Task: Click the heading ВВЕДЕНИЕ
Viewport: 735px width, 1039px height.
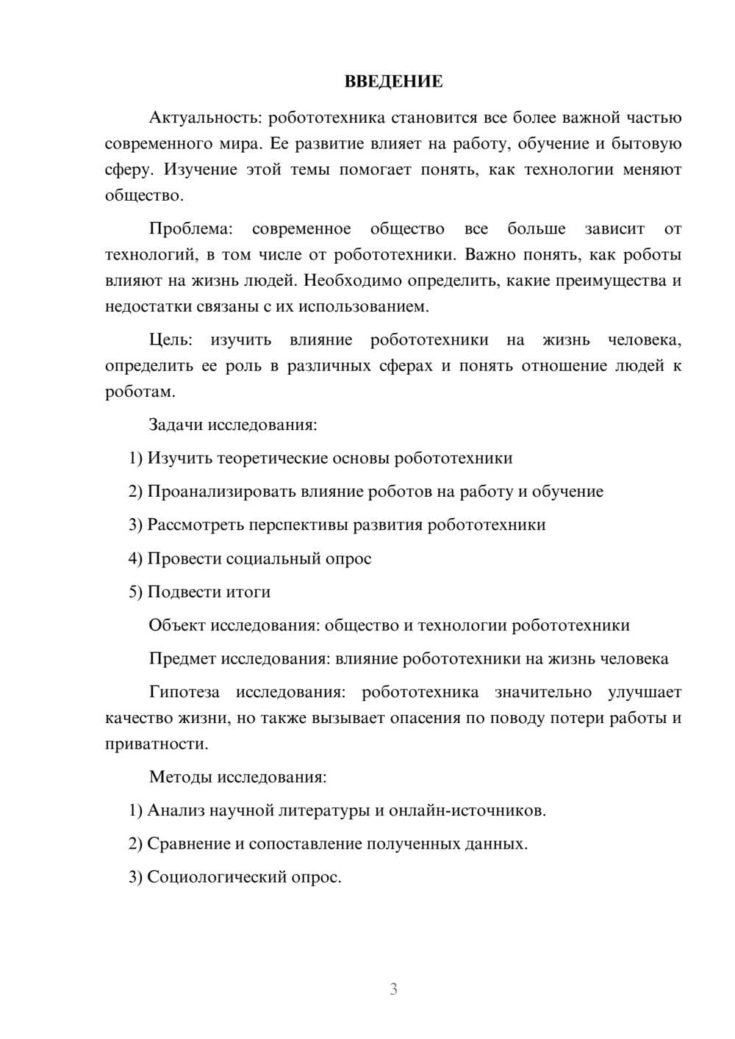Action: coord(393,82)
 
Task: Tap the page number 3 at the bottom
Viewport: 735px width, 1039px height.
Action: coord(393,989)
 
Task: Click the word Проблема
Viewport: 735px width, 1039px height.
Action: coord(190,229)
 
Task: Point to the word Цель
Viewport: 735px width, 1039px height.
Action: coord(171,339)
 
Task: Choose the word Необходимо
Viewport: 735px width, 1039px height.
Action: coord(350,281)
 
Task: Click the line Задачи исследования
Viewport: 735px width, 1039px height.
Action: coord(232,425)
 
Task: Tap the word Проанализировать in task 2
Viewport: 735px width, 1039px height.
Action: coord(221,492)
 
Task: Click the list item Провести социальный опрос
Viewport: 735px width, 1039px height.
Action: coord(250,558)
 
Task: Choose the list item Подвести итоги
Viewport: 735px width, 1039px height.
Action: coord(200,592)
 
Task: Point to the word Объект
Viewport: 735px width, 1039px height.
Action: coord(177,625)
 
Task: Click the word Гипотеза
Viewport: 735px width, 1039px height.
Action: coord(184,692)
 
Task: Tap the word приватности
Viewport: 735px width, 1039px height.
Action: coord(157,744)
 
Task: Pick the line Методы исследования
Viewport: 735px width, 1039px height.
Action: coord(237,777)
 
